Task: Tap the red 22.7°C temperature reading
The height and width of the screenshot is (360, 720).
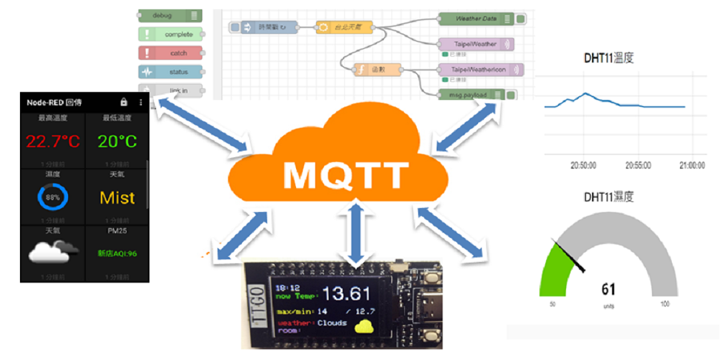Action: [x=53, y=141]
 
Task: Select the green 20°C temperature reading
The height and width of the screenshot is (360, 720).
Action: [x=117, y=141]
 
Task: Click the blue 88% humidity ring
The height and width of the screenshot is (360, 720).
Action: [x=53, y=197]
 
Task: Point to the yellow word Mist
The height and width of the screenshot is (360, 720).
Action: [x=117, y=197]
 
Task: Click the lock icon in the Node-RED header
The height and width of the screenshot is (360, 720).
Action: [x=123, y=102]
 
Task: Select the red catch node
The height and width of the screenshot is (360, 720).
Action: [x=171, y=53]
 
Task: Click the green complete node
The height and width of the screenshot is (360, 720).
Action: [x=171, y=35]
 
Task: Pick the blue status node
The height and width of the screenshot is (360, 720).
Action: [x=171, y=72]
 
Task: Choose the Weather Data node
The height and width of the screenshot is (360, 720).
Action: [x=475, y=19]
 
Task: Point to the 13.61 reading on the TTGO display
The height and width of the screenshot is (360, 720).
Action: [x=347, y=293]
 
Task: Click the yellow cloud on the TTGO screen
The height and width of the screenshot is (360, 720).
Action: [x=364, y=326]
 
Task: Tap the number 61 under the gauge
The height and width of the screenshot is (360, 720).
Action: [x=608, y=289]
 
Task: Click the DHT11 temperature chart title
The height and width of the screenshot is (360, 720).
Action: [x=609, y=58]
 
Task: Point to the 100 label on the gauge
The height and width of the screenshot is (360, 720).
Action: [x=664, y=304]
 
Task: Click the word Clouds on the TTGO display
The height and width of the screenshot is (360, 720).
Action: [x=332, y=323]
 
